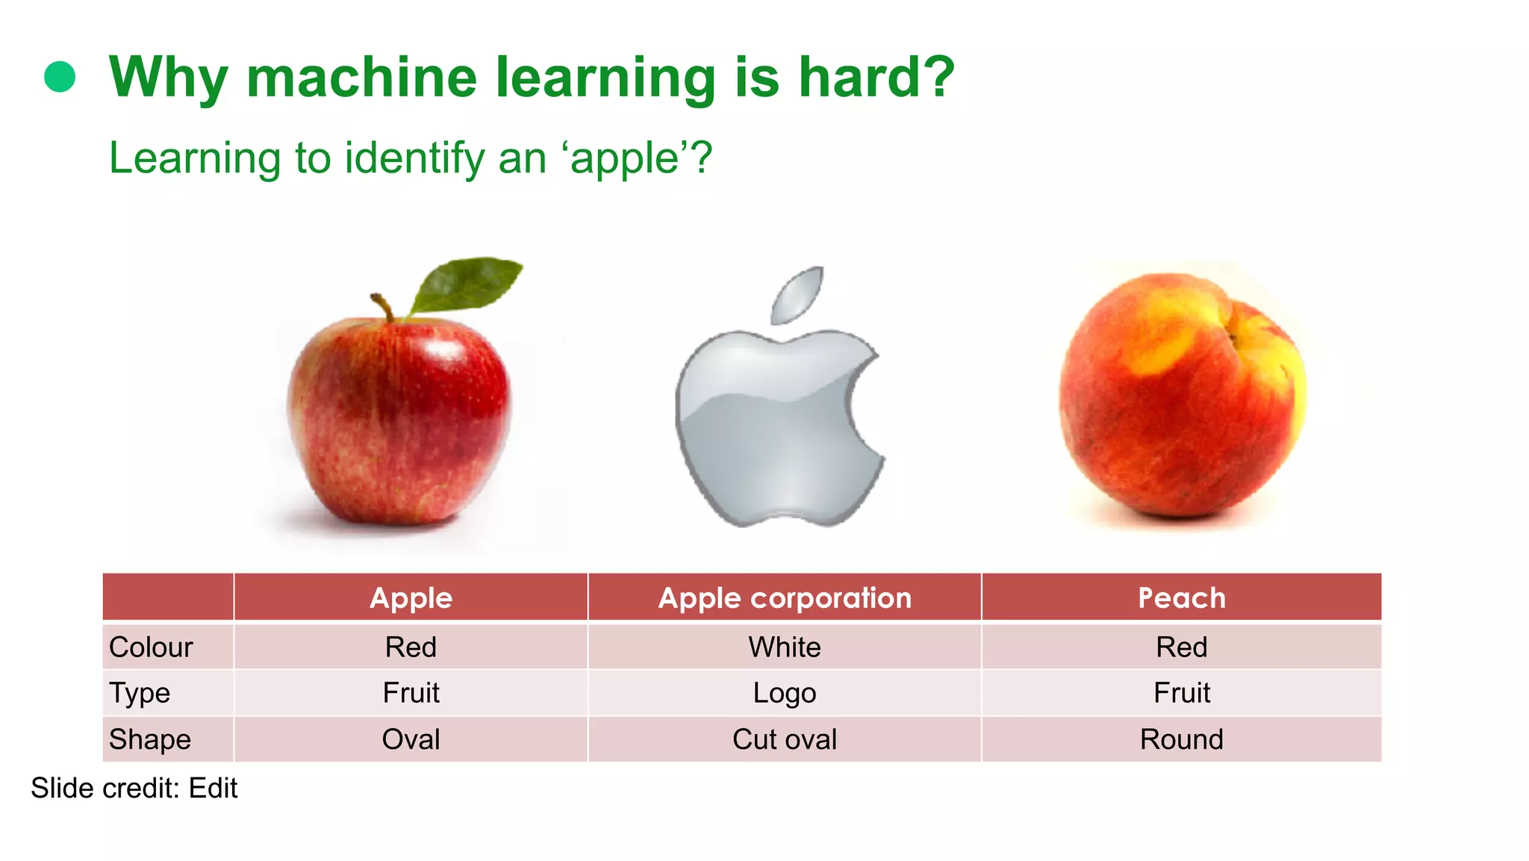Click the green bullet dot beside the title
(60, 77)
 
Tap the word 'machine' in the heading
(361, 77)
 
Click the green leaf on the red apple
(467, 285)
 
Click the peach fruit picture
(1183, 396)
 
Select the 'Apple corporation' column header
(785, 598)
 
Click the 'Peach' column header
(1182, 598)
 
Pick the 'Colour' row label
(151, 647)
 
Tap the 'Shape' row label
(150, 739)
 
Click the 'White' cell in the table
(785, 647)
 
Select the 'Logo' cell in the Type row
(785, 693)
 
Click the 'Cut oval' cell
(785, 739)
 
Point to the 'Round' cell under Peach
(1182, 739)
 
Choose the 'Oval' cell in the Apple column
(411, 739)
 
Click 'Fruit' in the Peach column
(1182, 693)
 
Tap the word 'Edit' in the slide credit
(213, 789)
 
